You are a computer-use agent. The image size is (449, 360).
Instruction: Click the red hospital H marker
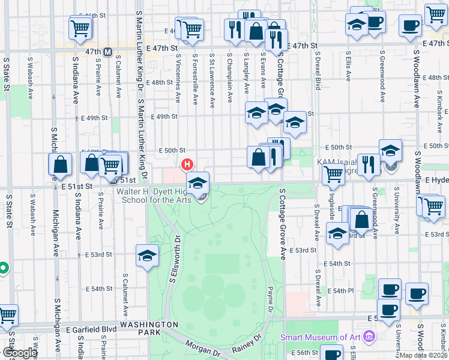(187, 164)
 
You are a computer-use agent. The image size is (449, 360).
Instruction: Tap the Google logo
(20, 353)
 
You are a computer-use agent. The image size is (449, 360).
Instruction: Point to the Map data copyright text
(423, 355)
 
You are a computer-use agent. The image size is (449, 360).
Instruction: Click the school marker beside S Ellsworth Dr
(147, 256)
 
